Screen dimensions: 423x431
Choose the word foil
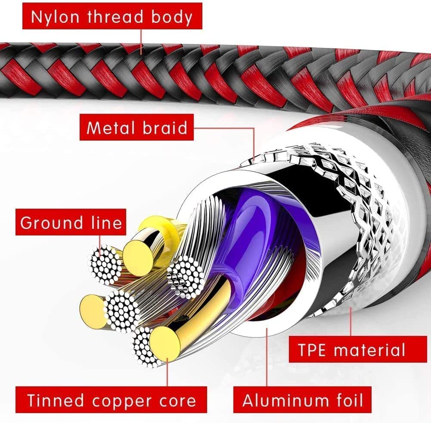pos(344,400)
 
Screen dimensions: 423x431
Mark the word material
pos(371,349)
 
